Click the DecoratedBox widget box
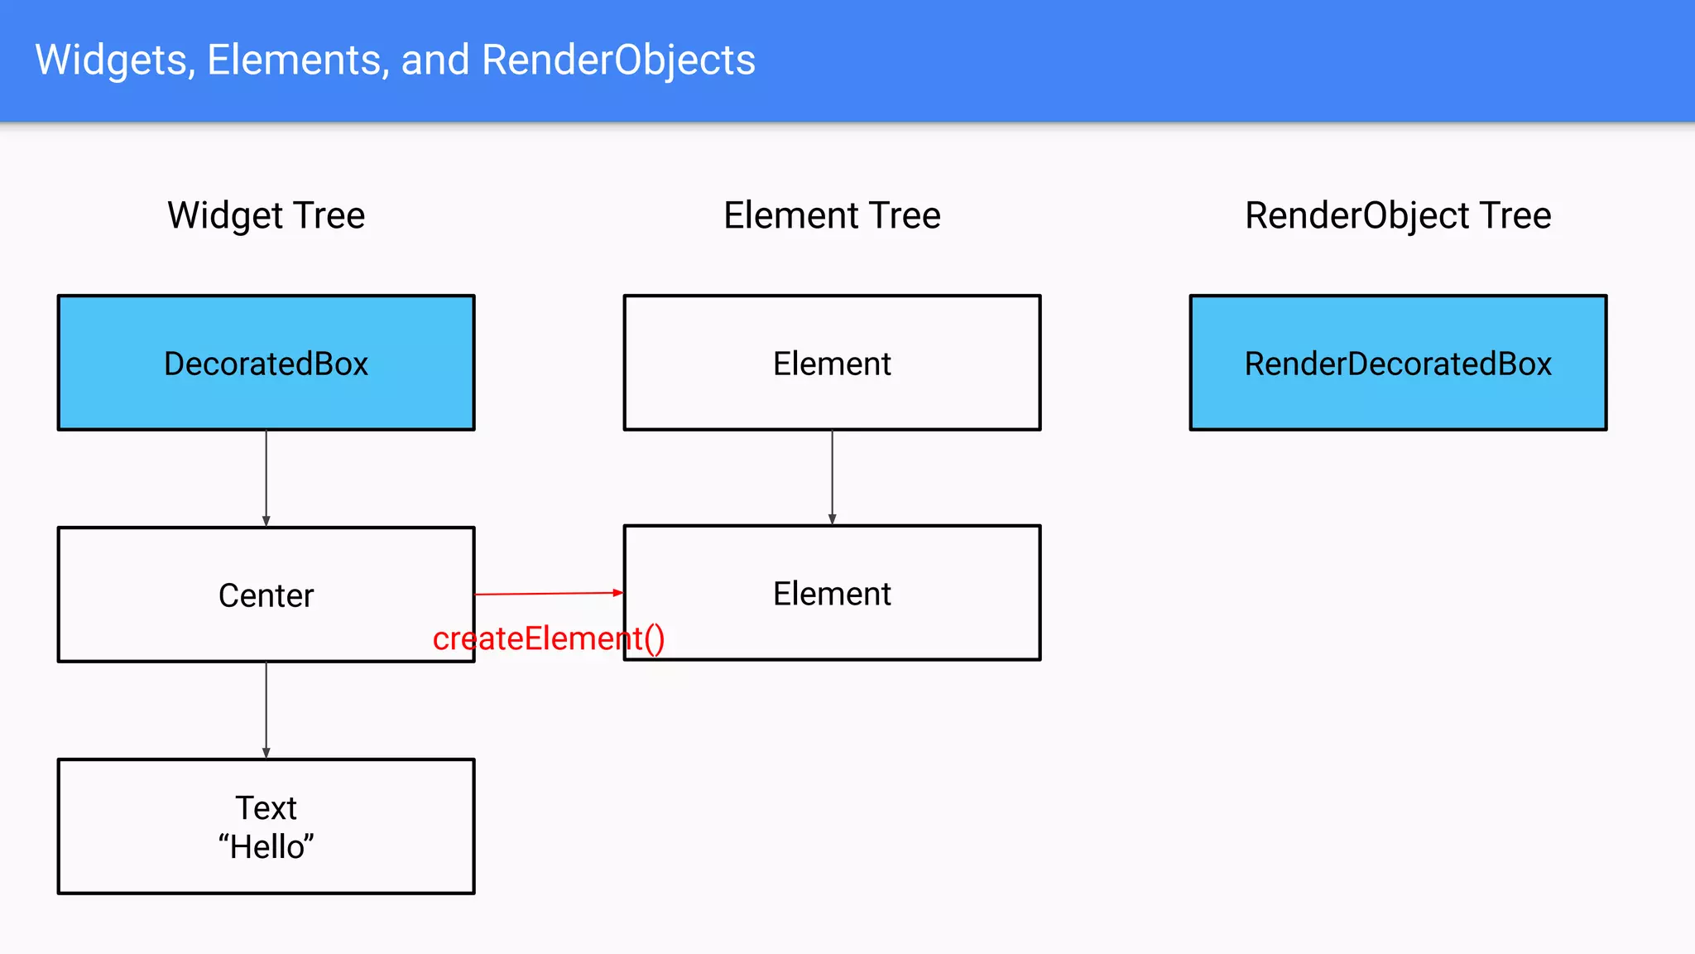click(x=266, y=363)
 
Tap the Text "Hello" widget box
click(x=266, y=826)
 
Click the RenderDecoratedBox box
click(x=1398, y=363)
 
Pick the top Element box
click(x=832, y=363)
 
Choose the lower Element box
click(x=832, y=593)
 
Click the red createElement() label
click(x=548, y=638)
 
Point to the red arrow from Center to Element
click(x=546, y=594)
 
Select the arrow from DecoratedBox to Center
click(x=266, y=478)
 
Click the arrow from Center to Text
click(x=266, y=710)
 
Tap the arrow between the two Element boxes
click(x=832, y=477)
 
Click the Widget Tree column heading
click(x=266, y=215)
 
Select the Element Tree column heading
click(x=832, y=215)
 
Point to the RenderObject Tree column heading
click(x=1398, y=215)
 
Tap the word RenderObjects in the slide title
click(x=618, y=60)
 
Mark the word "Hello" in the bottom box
click(x=266, y=847)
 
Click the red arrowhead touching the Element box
click(x=617, y=593)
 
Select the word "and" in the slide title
click(x=435, y=60)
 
